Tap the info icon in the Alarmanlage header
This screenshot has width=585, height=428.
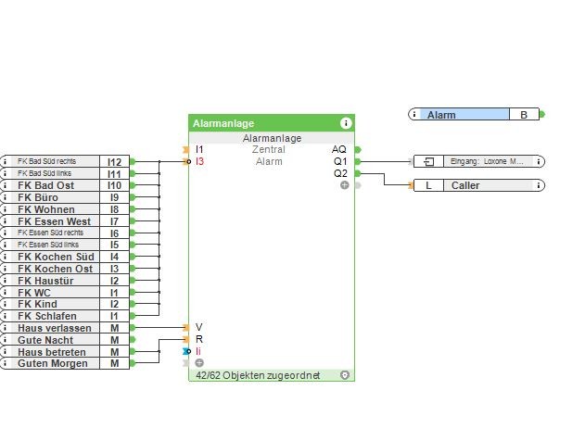(x=346, y=122)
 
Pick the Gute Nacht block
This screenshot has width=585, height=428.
(x=48, y=340)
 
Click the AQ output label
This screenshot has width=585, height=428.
(x=339, y=149)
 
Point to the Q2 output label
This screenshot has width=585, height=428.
(x=340, y=173)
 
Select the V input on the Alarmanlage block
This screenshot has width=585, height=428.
(x=198, y=328)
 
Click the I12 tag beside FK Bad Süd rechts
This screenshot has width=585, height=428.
(x=115, y=162)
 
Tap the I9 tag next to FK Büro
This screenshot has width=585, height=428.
(x=115, y=197)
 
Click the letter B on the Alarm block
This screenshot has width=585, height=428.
(x=524, y=115)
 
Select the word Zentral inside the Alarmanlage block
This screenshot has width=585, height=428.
(x=269, y=149)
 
